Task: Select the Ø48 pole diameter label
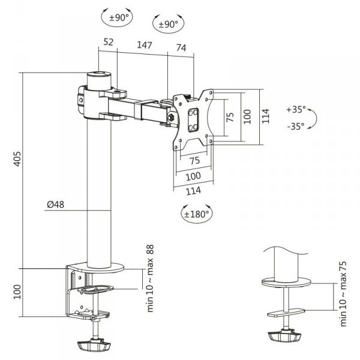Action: [56, 205]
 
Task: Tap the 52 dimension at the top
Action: [109, 43]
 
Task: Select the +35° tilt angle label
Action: [296, 110]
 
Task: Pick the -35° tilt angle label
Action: [296, 126]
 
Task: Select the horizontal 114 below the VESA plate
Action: [193, 190]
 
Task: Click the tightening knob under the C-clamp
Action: [95, 346]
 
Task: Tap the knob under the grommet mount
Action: [285, 337]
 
